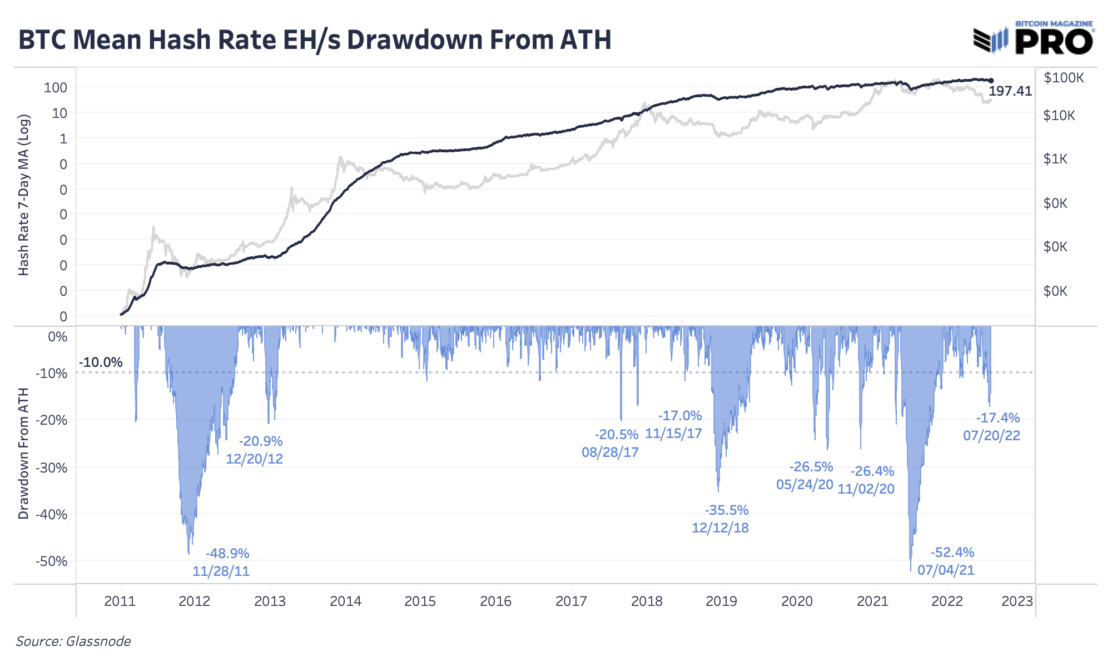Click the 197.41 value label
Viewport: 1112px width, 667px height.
(1010, 91)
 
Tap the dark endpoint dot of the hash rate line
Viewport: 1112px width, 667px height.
(991, 81)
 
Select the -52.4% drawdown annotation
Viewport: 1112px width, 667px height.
(952, 552)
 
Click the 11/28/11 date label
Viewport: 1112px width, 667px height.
(221, 571)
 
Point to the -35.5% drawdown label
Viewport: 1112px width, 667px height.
(727, 510)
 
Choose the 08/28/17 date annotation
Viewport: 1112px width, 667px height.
(610, 452)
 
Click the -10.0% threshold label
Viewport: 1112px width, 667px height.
(101, 363)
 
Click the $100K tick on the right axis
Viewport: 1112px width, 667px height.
(1064, 78)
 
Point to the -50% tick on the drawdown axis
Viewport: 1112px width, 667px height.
(51, 561)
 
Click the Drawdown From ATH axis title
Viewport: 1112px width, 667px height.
(23, 455)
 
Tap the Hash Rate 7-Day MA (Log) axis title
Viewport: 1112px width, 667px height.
(23, 196)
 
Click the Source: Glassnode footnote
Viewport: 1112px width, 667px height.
(73, 641)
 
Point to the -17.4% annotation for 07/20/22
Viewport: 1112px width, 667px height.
(998, 418)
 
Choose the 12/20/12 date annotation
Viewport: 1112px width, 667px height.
(254, 459)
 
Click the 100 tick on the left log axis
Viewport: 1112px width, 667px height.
(56, 88)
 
